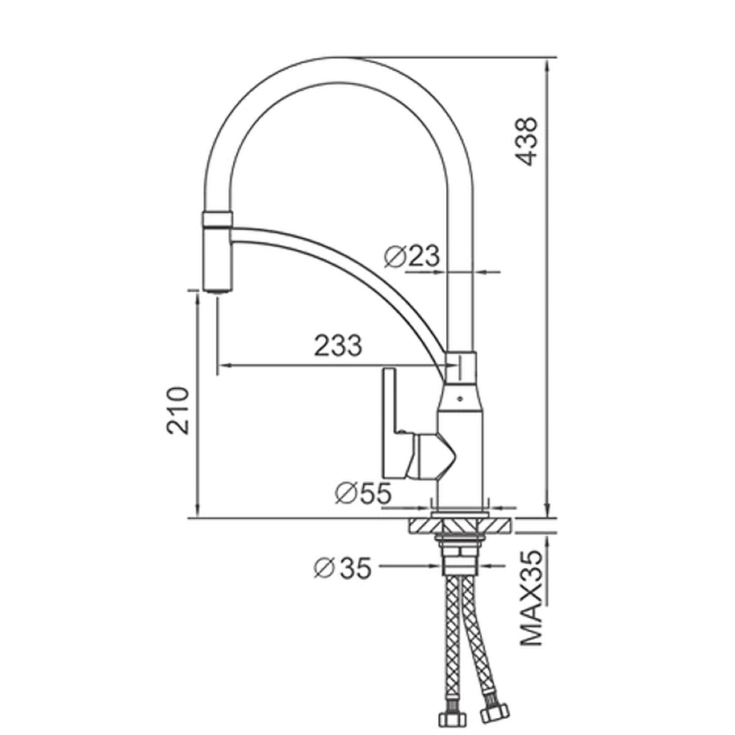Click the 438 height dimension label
click(x=526, y=141)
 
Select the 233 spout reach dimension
click(x=337, y=345)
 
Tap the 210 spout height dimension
click(x=178, y=411)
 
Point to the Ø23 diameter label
click(x=412, y=256)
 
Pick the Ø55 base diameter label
click(x=363, y=492)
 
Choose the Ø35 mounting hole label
click(x=343, y=567)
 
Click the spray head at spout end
click(x=217, y=252)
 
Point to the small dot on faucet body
click(x=460, y=399)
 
